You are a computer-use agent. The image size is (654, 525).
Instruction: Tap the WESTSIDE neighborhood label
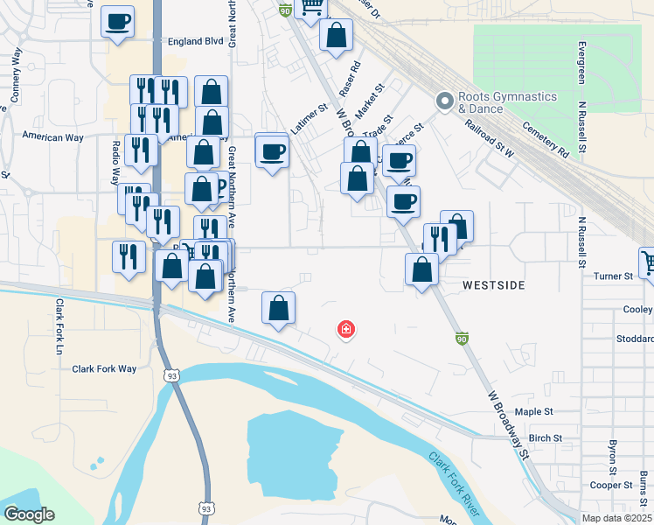coord(493,285)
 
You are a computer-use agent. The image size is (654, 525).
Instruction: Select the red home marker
coord(346,330)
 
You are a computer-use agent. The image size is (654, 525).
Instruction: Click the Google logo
coord(28,514)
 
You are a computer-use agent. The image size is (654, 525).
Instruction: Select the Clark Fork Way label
coord(104,368)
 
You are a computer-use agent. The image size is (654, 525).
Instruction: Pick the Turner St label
coord(613,276)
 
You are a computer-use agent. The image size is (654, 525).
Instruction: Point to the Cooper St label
coord(611,485)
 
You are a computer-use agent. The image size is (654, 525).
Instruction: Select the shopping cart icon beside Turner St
coord(648,262)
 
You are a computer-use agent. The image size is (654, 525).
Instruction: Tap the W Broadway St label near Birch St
coord(506,425)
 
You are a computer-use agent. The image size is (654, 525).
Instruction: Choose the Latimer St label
coord(308,120)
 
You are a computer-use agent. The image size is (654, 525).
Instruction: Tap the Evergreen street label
coord(581,61)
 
